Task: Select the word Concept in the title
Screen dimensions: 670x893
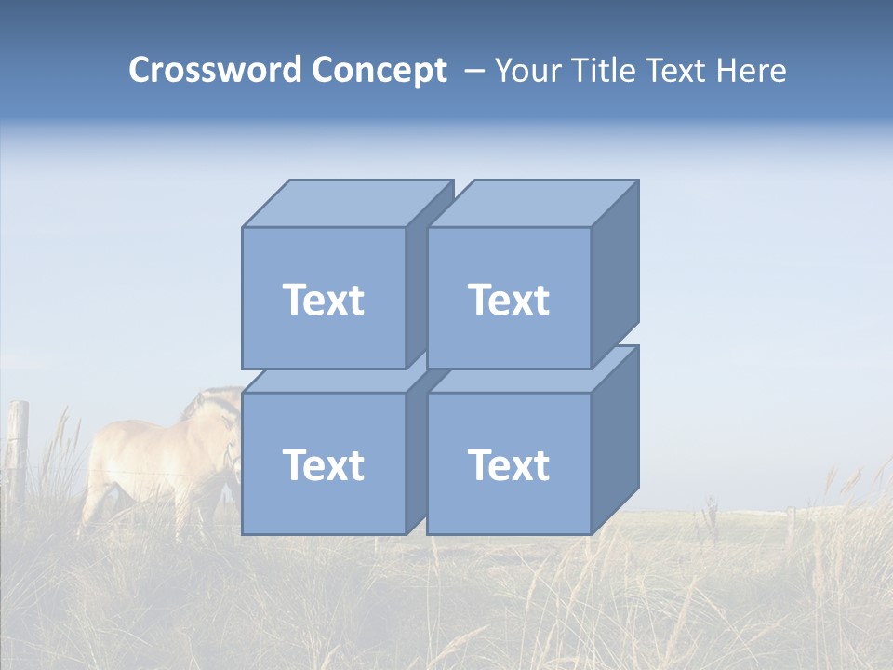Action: (x=379, y=71)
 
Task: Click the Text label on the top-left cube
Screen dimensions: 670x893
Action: (x=323, y=300)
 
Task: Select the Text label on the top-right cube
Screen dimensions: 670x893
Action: (x=508, y=300)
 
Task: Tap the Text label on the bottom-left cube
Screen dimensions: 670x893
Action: (x=323, y=464)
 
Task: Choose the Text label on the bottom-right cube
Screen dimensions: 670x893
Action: (x=508, y=464)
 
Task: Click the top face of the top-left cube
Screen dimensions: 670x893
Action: (x=346, y=204)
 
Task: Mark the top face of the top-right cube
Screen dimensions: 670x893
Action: (x=532, y=204)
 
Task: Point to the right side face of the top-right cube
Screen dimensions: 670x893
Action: (x=615, y=275)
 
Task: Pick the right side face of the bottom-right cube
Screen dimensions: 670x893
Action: (x=615, y=439)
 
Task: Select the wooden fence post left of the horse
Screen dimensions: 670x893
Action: (x=18, y=447)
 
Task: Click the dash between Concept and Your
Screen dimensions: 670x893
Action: (x=473, y=71)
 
